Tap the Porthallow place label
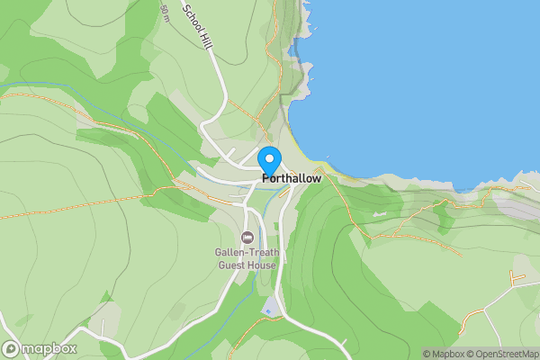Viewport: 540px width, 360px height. pyautogui.click(x=291, y=179)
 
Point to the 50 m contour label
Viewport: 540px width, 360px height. pyautogui.click(x=165, y=12)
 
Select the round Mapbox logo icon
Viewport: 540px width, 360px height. pyautogui.click(x=11, y=348)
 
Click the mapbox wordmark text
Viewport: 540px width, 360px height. pyautogui.click(x=49, y=348)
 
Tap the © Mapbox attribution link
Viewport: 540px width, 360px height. pyautogui.click(x=444, y=354)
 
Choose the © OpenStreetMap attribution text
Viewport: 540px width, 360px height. pyautogui.click(x=501, y=354)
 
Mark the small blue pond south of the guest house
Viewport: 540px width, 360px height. pyautogui.click(x=270, y=310)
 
